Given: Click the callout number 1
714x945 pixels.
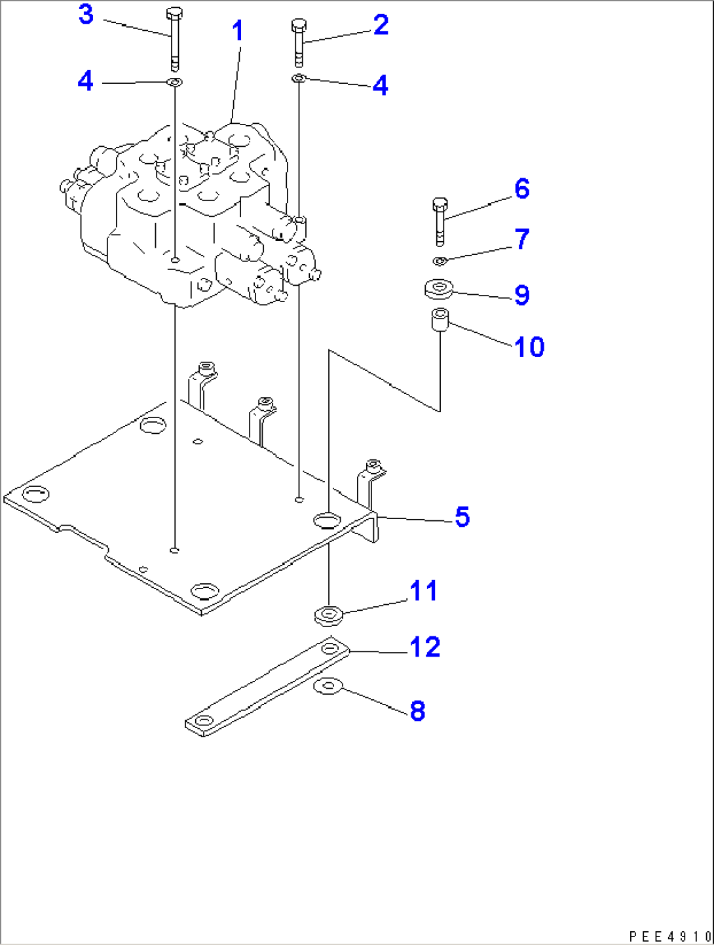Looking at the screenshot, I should (238, 31).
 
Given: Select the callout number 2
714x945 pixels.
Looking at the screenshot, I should (381, 25).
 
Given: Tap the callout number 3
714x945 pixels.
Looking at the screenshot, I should (86, 14).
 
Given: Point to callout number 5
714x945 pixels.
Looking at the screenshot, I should (462, 517).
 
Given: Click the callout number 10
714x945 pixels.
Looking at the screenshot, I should (529, 347).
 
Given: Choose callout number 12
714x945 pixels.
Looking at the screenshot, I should (425, 647).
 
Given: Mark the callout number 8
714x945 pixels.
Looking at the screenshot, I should (417, 711).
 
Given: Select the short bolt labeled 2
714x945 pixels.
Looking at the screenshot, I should (299, 42).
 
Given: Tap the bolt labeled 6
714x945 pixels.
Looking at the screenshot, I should (440, 222).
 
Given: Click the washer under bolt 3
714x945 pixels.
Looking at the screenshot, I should (174, 83).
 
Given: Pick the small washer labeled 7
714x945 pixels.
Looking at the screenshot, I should (440, 261).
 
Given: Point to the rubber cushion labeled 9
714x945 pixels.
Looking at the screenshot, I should (438, 288).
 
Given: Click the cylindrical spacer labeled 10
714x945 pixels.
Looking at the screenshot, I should (440, 320).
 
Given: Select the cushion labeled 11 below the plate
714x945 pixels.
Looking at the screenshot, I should (329, 615).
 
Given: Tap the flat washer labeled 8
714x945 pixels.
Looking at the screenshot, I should (328, 687).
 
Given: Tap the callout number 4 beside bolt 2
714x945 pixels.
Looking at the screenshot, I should (380, 86).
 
